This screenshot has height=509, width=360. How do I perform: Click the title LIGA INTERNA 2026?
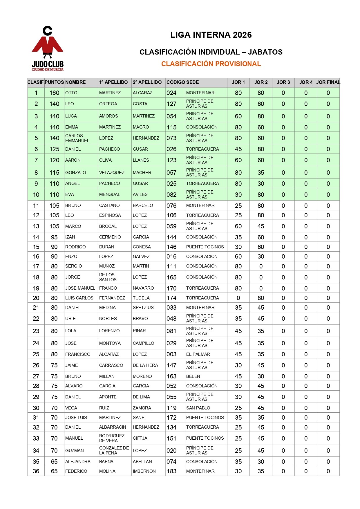click(x=211, y=35)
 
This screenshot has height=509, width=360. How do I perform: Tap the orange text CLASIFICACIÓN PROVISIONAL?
click(x=211, y=64)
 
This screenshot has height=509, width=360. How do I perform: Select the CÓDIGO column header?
click(x=176, y=82)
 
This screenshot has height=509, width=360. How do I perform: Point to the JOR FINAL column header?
click(x=328, y=82)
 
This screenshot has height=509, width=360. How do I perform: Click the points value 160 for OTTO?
click(x=54, y=93)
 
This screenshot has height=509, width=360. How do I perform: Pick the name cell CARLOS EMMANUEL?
click(x=77, y=138)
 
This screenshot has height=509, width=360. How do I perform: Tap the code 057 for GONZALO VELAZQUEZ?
click(x=171, y=173)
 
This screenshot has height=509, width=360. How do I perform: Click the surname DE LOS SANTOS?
click(x=108, y=277)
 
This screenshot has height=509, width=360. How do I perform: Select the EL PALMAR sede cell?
click(x=198, y=354)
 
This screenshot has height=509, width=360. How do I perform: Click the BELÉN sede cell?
click(x=193, y=376)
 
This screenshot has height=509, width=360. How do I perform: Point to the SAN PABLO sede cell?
click(x=198, y=408)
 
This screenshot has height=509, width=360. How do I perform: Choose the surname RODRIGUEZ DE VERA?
click(x=112, y=438)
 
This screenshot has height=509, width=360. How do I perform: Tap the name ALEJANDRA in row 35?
click(x=78, y=462)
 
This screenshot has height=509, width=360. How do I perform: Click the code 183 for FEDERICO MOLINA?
click(x=171, y=471)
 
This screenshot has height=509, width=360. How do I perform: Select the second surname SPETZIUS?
click(x=143, y=308)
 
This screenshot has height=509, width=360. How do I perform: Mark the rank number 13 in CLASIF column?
click(x=36, y=226)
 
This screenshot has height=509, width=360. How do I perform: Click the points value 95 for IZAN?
click(x=54, y=237)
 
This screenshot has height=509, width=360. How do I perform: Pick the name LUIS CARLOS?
click(x=79, y=298)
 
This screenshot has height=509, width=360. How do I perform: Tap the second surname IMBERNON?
click(x=144, y=471)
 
